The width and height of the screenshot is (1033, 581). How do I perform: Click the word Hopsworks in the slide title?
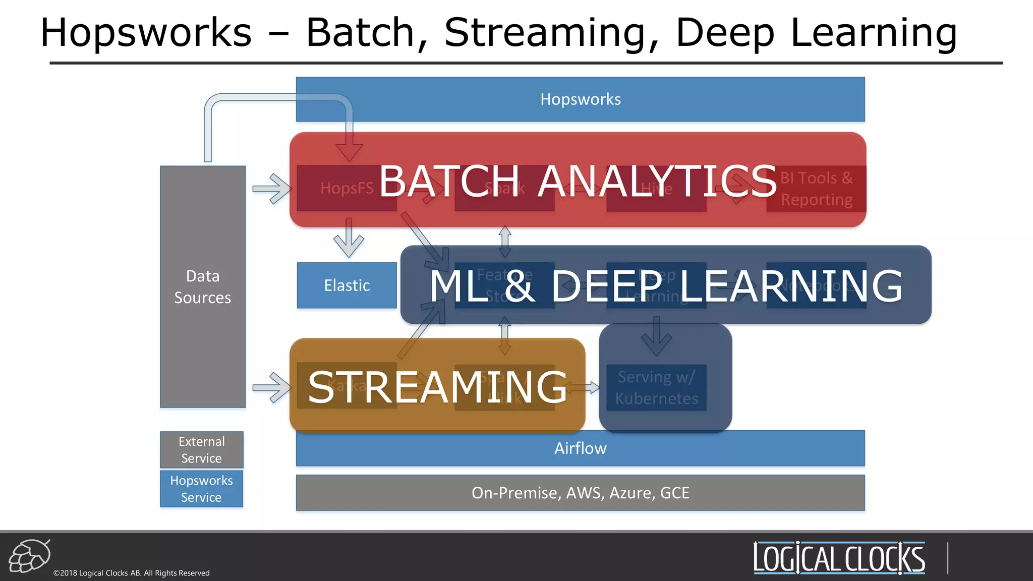(x=146, y=33)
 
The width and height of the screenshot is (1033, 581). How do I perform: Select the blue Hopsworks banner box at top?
(x=580, y=99)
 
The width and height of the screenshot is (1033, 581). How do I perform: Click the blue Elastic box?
(x=347, y=285)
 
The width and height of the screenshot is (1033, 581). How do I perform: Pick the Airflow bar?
(x=580, y=448)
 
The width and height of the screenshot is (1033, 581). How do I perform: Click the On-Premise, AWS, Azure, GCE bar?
(x=580, y=493)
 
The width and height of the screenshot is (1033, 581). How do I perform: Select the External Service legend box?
(x=202, y=449)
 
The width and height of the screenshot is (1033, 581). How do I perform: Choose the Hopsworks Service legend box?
(x=202, y=489)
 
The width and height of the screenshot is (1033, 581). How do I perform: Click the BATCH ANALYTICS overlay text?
(x=578, y=181)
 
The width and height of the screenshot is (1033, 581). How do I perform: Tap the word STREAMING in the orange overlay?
(x=437, y=387)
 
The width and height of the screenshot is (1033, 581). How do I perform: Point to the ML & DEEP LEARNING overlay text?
(x=666, y=286)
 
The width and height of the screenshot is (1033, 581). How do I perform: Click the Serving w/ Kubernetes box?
(x=656, y=387)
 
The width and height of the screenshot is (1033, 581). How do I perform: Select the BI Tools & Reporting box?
(x=816, y=189)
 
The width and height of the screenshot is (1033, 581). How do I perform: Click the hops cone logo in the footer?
(x=30, y=556)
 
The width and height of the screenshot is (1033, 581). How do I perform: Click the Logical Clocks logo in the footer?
(x=839, y=558)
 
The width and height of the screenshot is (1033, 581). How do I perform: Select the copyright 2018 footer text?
(x=132, y=573)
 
